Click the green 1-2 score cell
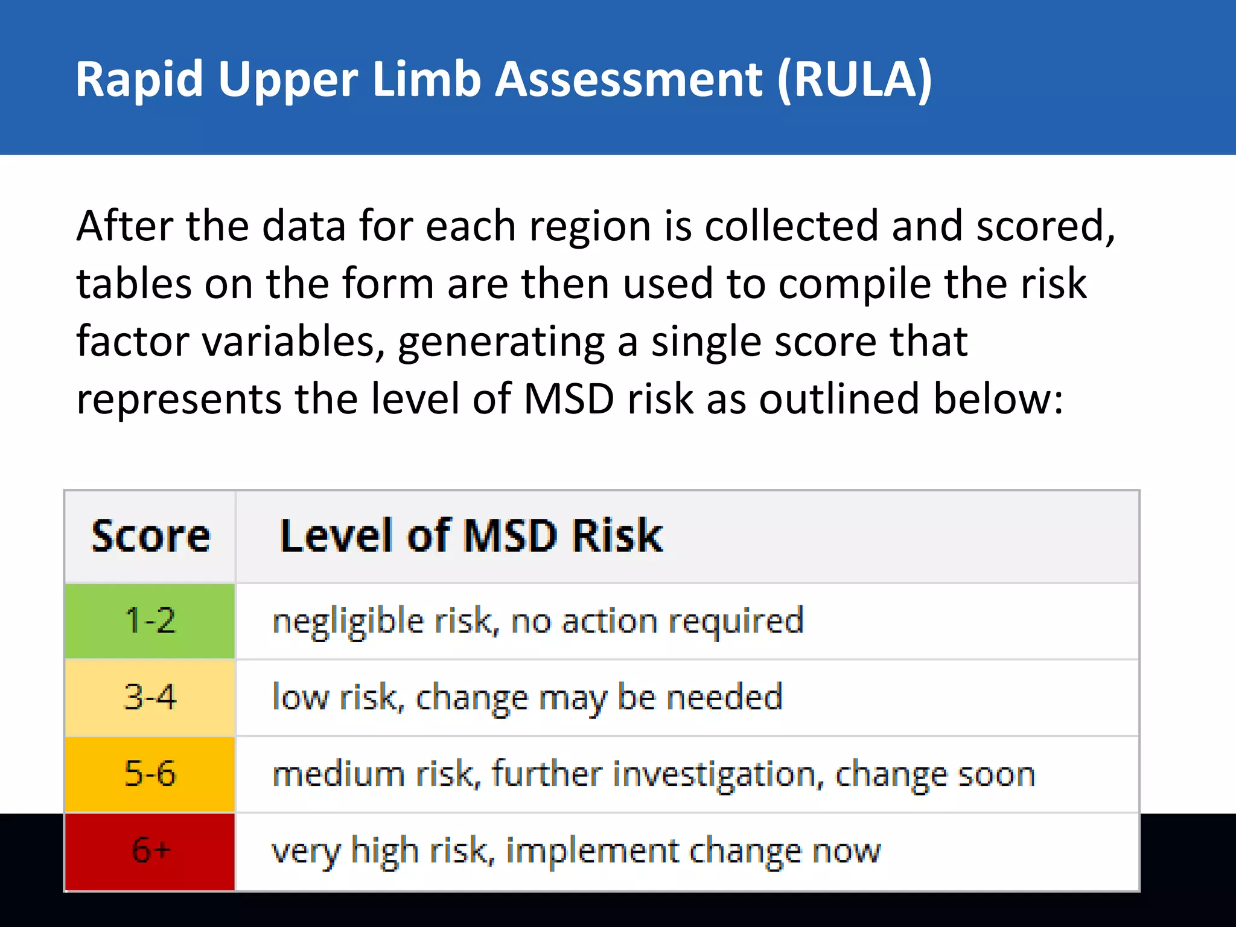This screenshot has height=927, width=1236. coord(150,621)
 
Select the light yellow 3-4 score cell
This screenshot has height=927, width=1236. coord(150,697)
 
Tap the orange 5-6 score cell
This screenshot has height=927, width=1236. coord(150,774)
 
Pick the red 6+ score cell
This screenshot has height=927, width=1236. coord(150,850)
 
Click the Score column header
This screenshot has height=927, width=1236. coord(150,536)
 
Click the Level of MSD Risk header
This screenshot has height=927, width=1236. coord(471,536)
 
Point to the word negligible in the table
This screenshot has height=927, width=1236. coord(348,622)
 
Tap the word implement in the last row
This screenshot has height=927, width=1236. coord(592,851)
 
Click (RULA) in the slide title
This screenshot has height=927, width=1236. coord(855,79)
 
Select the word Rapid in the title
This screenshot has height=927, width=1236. coord(139,79)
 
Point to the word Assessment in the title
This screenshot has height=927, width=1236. coord(629,79)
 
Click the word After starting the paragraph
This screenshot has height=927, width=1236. coord(124,226)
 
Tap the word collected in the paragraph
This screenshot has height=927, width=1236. coord(791,226)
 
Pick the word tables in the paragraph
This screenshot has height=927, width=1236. coord(133,284)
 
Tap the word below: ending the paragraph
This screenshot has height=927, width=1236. coord(998,399)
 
